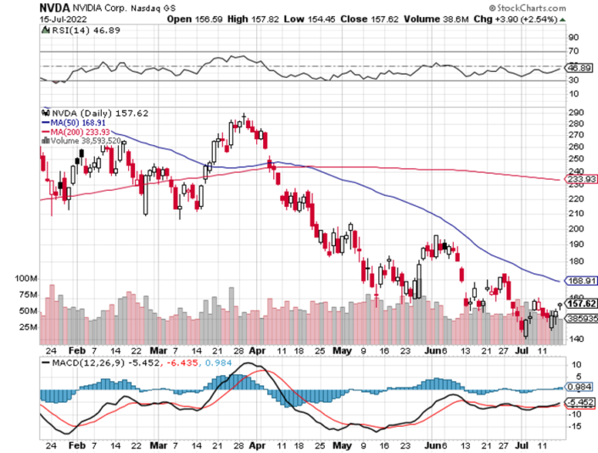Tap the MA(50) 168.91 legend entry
coord(69,121)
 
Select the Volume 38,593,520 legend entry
coord(75,141)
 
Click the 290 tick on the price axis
coord(575,112)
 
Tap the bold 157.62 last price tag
coord(581,303)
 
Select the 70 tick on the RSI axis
coord(573,52)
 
